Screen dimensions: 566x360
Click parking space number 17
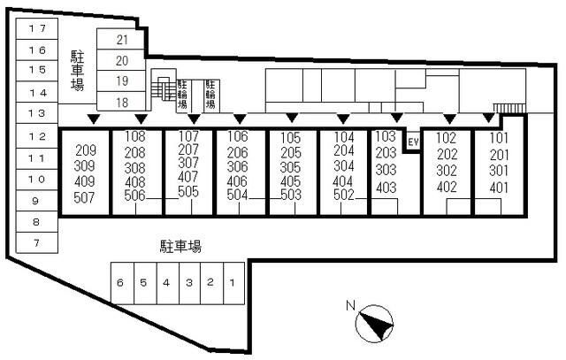37,28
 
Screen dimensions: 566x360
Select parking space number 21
122,40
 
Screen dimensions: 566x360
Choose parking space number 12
37,136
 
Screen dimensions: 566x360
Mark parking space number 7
36,243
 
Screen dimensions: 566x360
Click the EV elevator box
413,142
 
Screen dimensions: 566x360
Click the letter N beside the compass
350,305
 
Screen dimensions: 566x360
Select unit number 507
84,197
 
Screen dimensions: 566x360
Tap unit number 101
499,138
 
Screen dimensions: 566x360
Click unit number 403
386,188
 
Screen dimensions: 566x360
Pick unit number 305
290,167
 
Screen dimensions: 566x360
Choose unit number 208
134,153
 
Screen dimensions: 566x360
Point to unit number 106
238,136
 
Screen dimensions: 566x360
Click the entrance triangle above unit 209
94,119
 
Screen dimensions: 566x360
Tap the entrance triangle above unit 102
449,119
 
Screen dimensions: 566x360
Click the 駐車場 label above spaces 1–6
180,247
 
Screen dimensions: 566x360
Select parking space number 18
122,103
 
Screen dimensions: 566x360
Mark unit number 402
447,187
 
